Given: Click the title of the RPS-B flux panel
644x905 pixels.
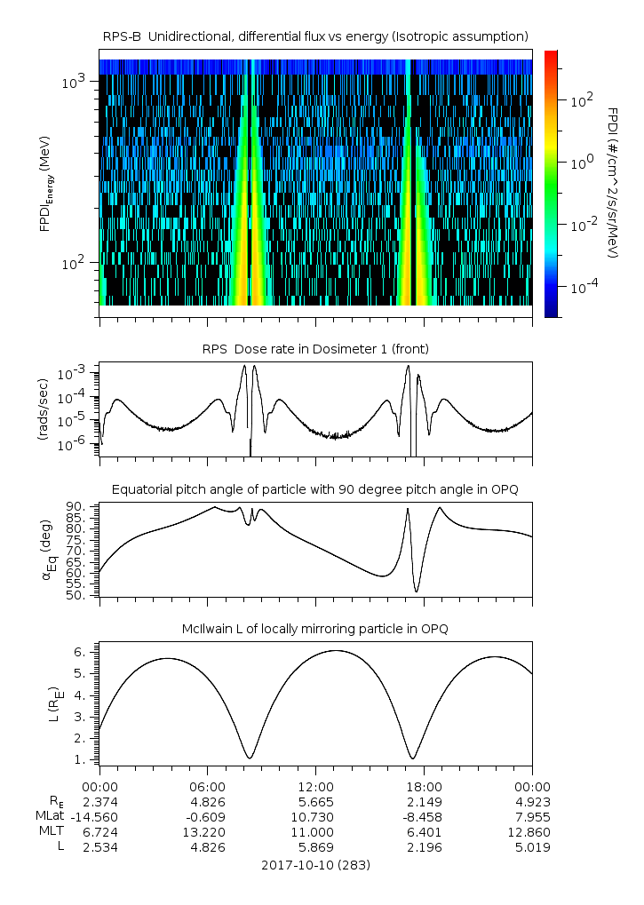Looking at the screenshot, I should pyautogui.click(x=316, y=36).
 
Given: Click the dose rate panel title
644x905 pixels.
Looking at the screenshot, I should pyautogui.click(x=315, y=349).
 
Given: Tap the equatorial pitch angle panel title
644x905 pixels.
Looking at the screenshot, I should pyautogui.click(x=315, y=489).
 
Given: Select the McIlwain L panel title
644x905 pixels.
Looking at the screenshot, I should pyautogui.click(x=315, y=629).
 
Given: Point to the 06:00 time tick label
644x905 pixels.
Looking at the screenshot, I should pyautogui.click(x=207, y=786).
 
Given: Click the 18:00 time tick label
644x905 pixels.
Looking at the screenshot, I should pyautogui.click(x=424, y=786).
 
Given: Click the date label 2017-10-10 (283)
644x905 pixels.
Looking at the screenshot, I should pyautogui.click(x=316, y=864).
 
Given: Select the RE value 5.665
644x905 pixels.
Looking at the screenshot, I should pyautogui.click(x=315, y=801).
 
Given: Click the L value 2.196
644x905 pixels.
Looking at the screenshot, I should pyautogui.click(x=424, y=847).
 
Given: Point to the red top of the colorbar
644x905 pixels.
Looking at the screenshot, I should pyautogui.click(x=550, y=54).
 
